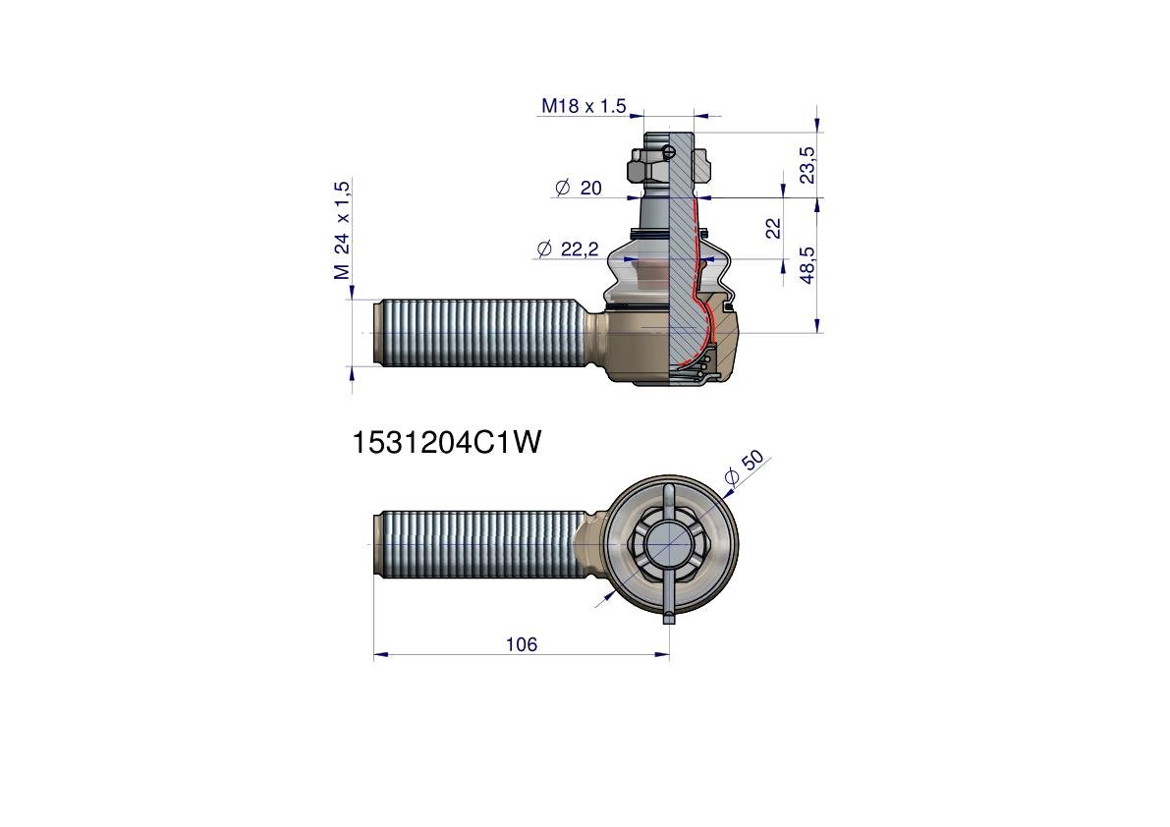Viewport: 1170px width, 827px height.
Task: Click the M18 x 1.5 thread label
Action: coord(584,106)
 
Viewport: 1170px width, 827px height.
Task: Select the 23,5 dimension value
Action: coord(808,165)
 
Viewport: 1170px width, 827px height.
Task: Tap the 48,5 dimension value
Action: coord(808,265)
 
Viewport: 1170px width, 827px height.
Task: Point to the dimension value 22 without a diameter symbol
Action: coord(773,228)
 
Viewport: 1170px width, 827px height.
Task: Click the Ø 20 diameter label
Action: coord(579,188)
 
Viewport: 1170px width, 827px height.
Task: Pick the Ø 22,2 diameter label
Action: coord(568,249)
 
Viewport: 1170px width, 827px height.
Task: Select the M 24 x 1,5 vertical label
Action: coord(342,230)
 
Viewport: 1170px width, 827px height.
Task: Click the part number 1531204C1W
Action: coord(446,443)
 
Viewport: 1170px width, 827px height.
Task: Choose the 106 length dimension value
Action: coord(521,644)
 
